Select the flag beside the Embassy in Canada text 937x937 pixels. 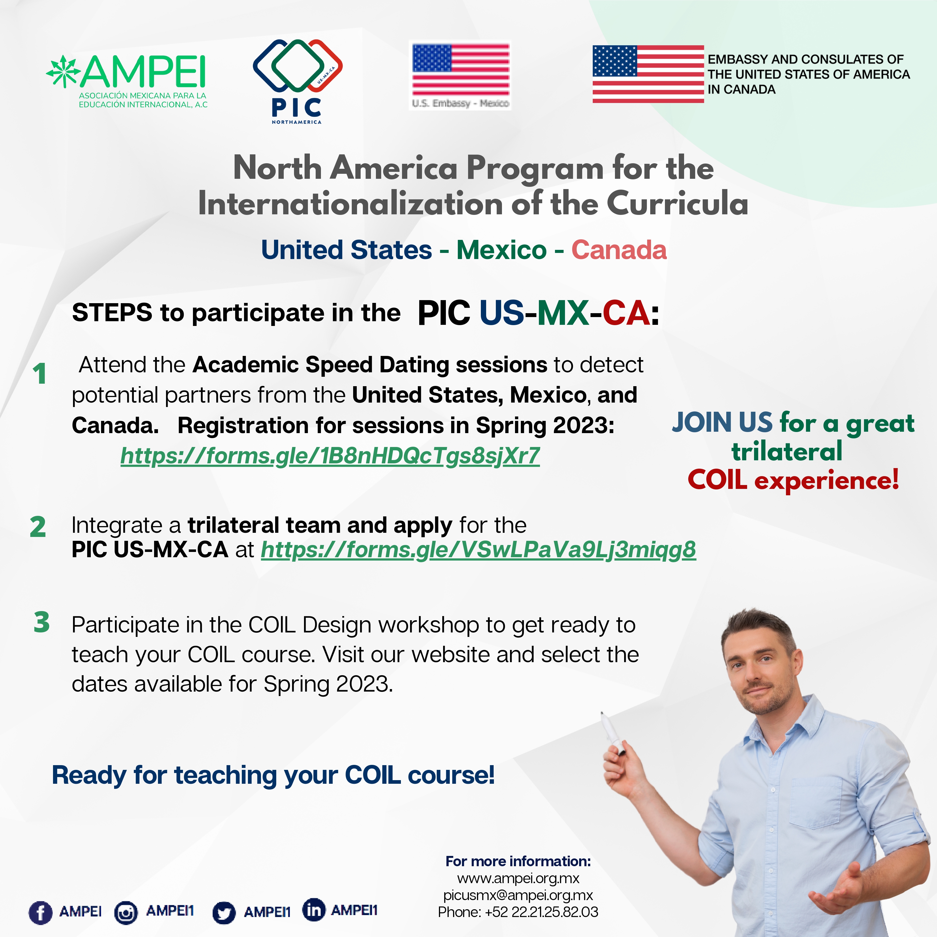tap(648, 74)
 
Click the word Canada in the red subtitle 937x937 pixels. tap(619, 250)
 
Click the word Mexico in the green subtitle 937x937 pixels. tap(501, 250)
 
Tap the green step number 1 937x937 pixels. tap(40, 373)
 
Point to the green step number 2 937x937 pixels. tap(38, 527)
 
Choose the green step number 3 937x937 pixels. tap(42, 622)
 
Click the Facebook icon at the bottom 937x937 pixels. tap(41, 912)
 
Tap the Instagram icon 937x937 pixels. tap(126, 912)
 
